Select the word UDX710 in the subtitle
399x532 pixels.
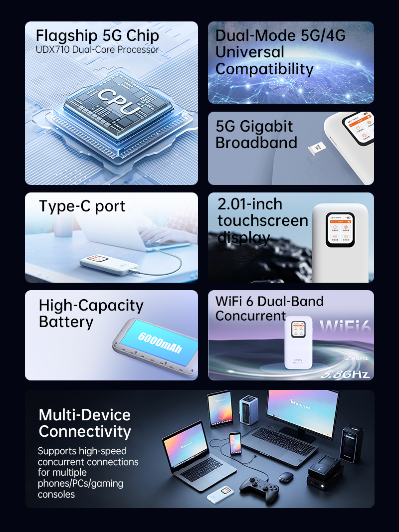tap(53, 50)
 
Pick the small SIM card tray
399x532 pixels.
tap(316, 148)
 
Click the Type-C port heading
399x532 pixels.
tap(82, 206)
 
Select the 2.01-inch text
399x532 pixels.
tap(250, 204)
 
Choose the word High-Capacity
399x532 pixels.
tap(91, 305)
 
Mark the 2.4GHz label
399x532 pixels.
tap(357, 357)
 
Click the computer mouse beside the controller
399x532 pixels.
tap(286, 477)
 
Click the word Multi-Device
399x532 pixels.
tap(84, 415)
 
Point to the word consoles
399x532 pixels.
tap(56, 494)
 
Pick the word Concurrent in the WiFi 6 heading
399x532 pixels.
tap(250, 316)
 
